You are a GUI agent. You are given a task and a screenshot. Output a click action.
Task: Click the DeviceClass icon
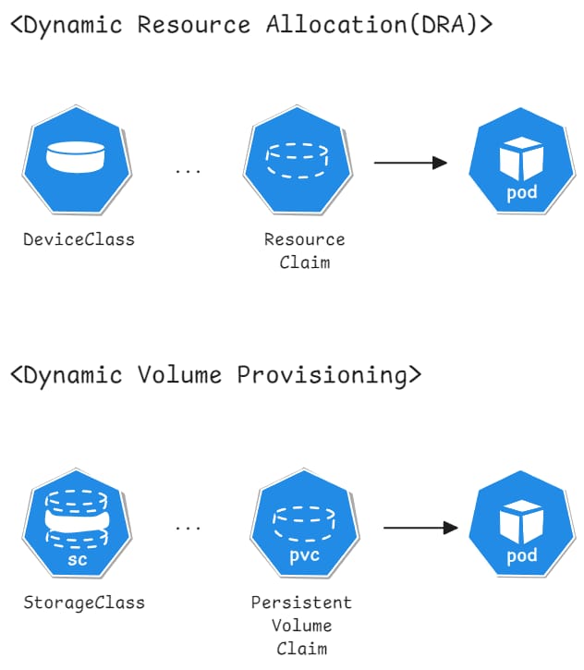(x=79, y=163)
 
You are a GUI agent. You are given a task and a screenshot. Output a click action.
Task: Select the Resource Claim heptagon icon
(x=298, y=163)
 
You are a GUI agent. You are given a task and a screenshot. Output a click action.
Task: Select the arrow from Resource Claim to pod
(x=410, y=164)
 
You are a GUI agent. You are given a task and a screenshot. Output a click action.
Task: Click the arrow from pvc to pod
(x=420, y=529)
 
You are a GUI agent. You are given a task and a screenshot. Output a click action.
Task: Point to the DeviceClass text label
(x=79, y=239)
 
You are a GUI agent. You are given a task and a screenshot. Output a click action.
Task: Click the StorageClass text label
(x=84, y=603)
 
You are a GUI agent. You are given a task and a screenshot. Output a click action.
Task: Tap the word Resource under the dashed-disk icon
(x=304, y=239)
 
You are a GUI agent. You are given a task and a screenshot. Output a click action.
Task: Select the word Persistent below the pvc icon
(x=301, y=603)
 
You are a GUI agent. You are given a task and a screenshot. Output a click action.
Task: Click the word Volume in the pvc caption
(x=301, y=625)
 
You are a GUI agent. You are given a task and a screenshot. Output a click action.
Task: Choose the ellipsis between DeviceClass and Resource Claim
(x=188, y=171)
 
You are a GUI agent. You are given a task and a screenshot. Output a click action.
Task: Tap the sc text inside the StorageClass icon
(x=77, y=561)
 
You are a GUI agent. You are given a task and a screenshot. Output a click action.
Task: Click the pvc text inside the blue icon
(x=303, y=557)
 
